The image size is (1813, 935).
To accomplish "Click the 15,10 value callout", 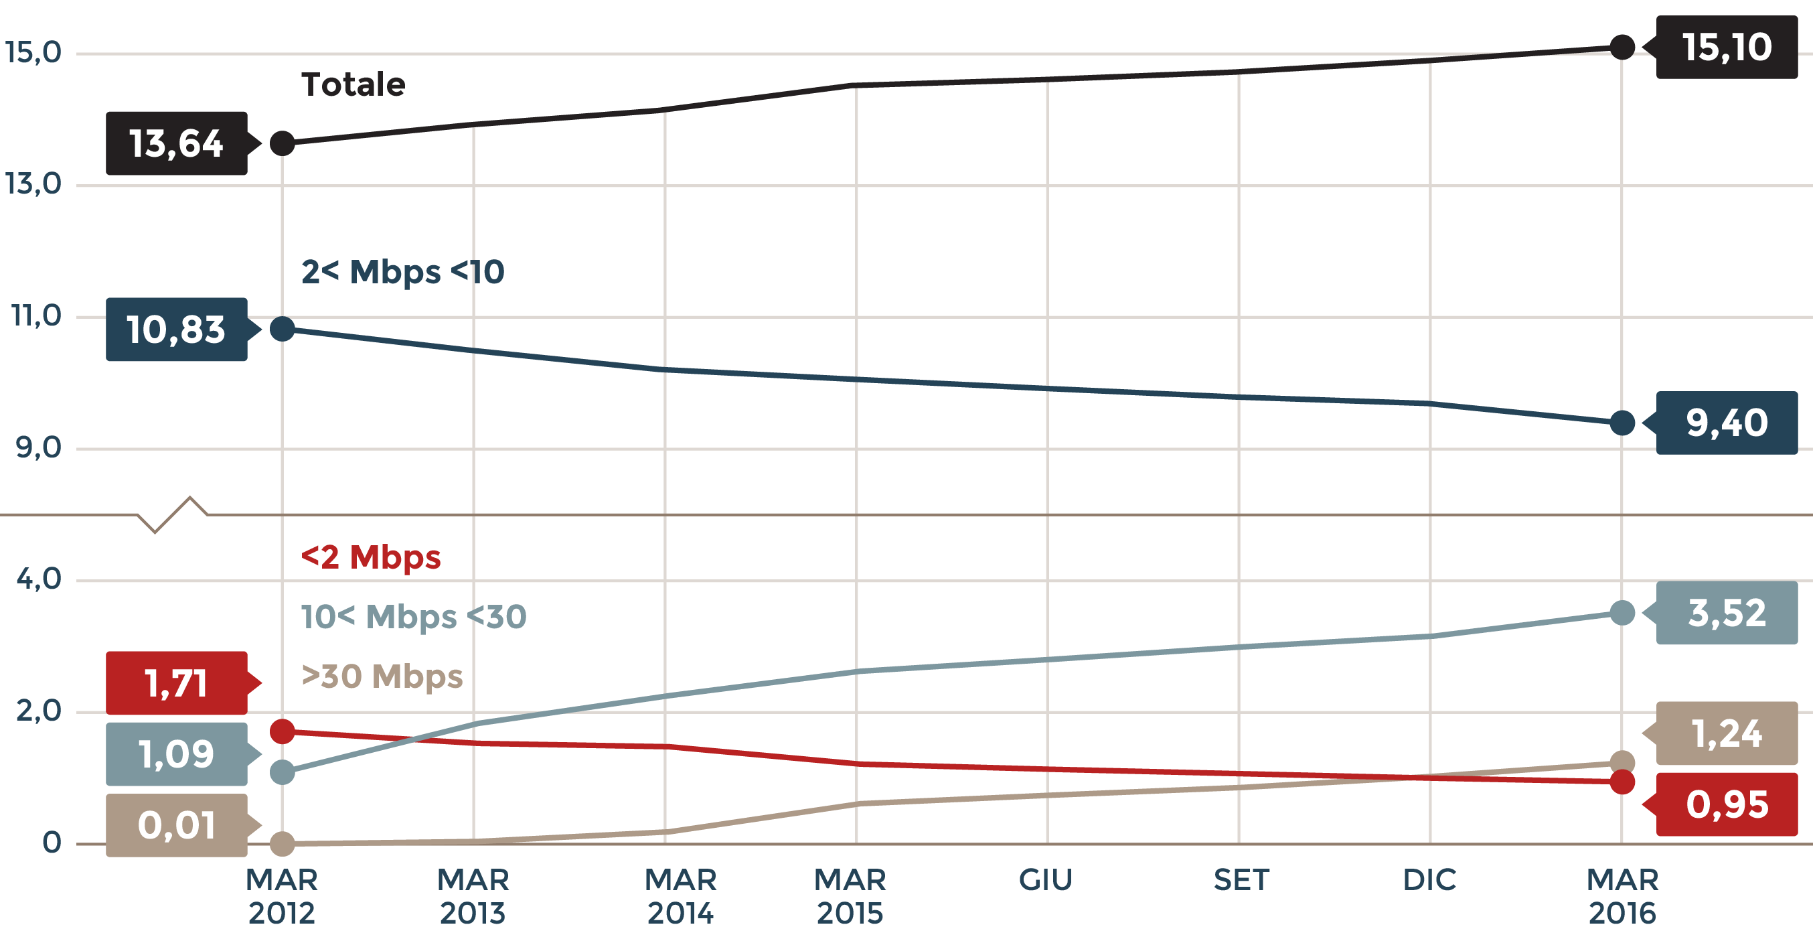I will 1726,47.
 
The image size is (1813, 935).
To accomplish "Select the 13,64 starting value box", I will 177,143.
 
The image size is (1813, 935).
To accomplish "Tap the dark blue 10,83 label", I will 177,330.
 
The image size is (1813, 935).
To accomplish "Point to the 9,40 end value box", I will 1726,423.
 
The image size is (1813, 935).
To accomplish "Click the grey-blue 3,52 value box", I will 1726,613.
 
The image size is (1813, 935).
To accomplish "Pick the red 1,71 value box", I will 177,683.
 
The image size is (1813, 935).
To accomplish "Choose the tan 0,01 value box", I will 177,824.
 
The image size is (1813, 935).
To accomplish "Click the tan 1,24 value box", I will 1726,733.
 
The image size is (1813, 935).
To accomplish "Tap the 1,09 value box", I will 177,753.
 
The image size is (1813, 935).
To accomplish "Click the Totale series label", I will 353,84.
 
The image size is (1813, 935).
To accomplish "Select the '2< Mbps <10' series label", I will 402,272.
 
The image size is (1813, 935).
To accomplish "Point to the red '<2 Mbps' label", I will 371,557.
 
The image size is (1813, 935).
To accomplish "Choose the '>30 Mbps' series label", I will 382,676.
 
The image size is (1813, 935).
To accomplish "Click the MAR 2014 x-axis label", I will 680,895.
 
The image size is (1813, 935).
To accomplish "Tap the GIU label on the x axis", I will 1046,880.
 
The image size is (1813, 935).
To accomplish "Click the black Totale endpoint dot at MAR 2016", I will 1622,47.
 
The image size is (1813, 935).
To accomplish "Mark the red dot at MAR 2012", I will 283,731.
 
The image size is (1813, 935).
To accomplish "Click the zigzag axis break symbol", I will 173,514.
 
